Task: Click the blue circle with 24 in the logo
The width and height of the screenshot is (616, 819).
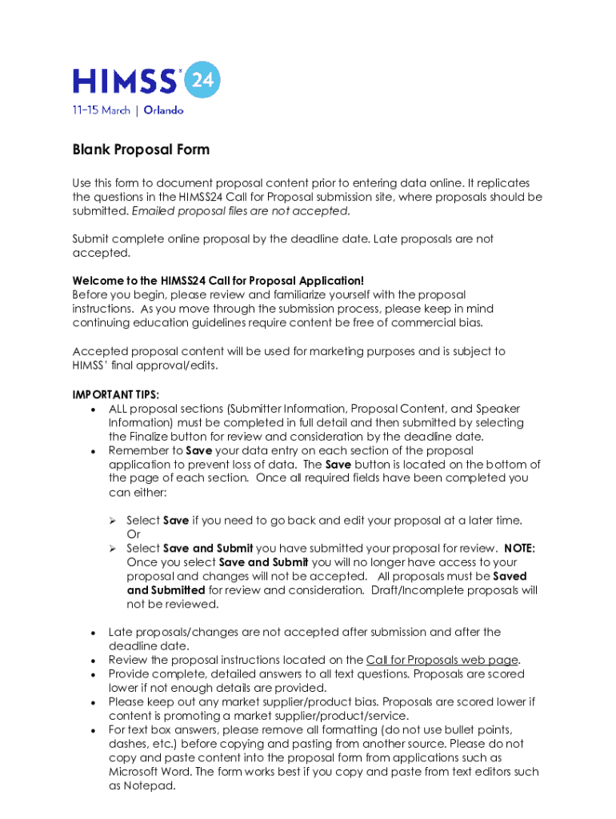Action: click(200, 80)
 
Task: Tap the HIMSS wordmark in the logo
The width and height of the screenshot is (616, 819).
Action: click(124, 81)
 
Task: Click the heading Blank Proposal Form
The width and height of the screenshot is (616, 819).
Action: click(141, 150)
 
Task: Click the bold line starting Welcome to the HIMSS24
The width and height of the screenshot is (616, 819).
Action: click(218, 281)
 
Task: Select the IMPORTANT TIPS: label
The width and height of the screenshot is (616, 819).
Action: click(115, 395)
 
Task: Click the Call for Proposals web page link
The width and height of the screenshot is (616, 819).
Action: click(442, 660)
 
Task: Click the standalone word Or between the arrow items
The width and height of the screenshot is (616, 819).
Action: click(133, 534)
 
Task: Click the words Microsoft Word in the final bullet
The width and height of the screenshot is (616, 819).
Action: click(146, 772)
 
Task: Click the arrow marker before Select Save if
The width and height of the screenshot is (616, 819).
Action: click(114, 521)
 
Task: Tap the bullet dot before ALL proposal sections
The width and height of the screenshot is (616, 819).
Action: click(94, 409)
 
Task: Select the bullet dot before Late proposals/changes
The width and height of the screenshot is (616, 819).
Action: click(94, 633)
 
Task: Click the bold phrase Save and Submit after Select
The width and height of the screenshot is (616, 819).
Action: click(208, 549)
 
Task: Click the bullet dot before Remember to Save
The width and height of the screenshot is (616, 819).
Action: click(94, 451)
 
